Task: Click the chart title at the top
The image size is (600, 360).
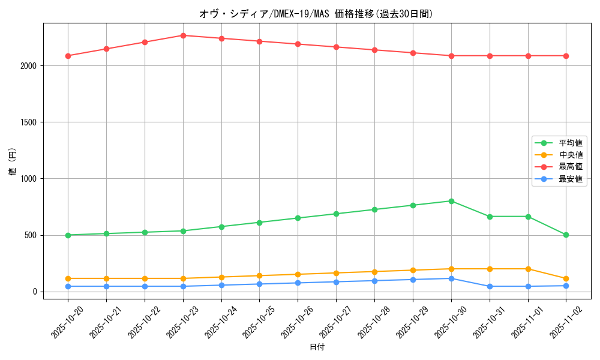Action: click(x=317, y=13)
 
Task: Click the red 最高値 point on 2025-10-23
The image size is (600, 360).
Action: click(x=183, y=35)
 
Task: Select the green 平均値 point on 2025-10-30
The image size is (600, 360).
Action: click(x=451, y=201)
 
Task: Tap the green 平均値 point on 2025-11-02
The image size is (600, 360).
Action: click(x=566, y=235)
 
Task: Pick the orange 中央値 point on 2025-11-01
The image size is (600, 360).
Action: click(x=528, y=269)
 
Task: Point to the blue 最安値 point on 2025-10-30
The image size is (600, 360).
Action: click(x=451, y=278)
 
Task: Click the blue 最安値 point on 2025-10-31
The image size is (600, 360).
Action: click(x=490, y=286)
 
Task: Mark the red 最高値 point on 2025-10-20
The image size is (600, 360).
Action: click(x=68, y=56)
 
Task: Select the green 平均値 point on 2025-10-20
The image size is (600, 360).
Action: click(x=68, y=235)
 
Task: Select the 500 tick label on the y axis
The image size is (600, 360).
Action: click(x=32, y=235)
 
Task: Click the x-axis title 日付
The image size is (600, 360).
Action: click(x=317, y=347)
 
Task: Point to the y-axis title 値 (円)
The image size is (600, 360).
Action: click(x=13, y=163)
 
